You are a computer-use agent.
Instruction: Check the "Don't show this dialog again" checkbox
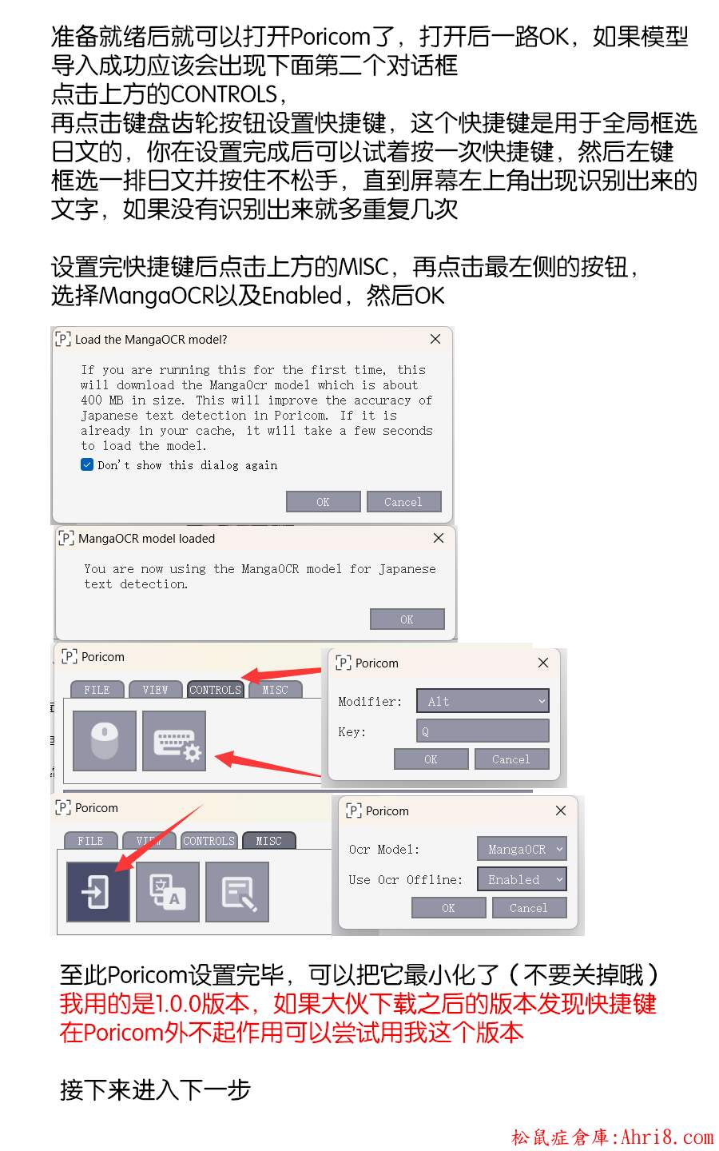pyautogui.click(x=87, y=464)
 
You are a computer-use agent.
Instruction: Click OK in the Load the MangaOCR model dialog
pyautogui.click(x=323, y=501)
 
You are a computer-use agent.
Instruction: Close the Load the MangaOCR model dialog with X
pyautogui.click(x=435, y=339)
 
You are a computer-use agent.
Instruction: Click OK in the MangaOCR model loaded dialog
pyautogui.click(x=407, y=619)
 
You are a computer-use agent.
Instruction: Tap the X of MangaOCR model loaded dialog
pyautogui.click(x=439, y=538)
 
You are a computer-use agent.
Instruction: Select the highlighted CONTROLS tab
pyautogui.click(x=215, y=690)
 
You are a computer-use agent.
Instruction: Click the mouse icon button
pyautogui.click(x=104, y=740)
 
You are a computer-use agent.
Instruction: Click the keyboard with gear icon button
pyautogui.click(x=174, y=740)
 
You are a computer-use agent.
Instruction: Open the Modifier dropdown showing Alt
pyautogui.click(x=483, y=701)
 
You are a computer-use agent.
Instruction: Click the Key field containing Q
pyautogui.click(x=483, y=731)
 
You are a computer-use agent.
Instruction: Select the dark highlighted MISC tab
pyautogui.click(x=269, y=841)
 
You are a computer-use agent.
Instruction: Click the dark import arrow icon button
pyautogui.click(x=98, y=891)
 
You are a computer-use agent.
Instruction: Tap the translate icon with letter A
pyautogui.click(x=168, y=891)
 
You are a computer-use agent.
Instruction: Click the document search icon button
pyautogui.click(x=237, y=891)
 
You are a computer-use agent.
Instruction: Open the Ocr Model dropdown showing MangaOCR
pyautogui.click(x=522, y=849)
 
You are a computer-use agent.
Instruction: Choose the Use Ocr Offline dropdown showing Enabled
pyautogui.click(x=522, y=879)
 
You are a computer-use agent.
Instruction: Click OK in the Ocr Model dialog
pyautogui.click(x=448, y=908)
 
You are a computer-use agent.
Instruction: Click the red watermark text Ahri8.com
pyautogui.click(x=666, y=1137)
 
